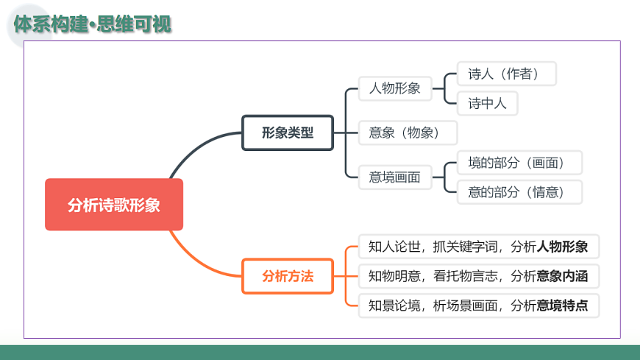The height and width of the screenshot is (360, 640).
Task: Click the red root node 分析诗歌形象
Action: (113, 205)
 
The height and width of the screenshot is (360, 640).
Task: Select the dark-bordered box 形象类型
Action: (288, 133)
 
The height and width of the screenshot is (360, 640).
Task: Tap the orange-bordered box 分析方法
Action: (288, 276)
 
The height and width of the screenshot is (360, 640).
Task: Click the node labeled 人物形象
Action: (395, 89)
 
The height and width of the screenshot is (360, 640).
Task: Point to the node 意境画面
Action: (395, 177)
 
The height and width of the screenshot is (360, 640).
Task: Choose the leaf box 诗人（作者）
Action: (507, 74)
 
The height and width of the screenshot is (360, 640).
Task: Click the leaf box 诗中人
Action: (487, 103)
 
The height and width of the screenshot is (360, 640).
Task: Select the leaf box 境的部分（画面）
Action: (519, 162)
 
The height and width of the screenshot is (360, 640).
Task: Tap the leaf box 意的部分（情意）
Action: (519, 192)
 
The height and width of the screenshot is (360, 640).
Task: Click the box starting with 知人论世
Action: (479, 246)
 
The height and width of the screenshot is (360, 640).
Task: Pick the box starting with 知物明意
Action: (479, 276)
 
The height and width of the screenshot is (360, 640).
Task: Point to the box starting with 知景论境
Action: (479, 306)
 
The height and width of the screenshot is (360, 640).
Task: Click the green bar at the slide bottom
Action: (320, 352)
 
